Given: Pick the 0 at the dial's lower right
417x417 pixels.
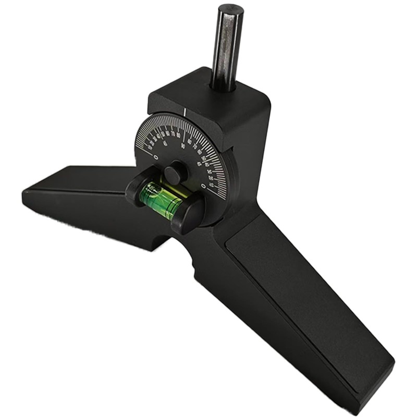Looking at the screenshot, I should tap(203, 186).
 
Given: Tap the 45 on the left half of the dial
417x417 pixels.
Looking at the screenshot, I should tap(165, 144).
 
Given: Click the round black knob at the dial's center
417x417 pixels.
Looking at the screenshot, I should tap(174, 171).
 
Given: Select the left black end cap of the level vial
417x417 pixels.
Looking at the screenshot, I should tap(137, 186).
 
